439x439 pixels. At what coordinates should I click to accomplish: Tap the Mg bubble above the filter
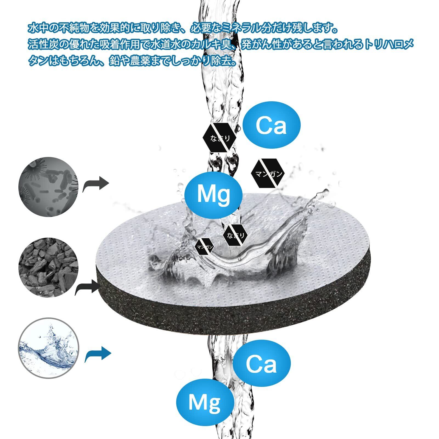point(214,194)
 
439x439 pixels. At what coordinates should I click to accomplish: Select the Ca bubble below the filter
point(261,363)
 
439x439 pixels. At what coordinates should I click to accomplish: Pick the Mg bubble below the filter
point(205,402)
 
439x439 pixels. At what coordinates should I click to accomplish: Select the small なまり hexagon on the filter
point(236,235)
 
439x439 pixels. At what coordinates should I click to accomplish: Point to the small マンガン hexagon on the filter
point(205,247)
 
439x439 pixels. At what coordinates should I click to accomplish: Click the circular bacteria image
point(48,187)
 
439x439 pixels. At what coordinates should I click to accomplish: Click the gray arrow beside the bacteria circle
point(96,184)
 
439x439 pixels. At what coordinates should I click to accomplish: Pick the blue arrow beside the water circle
point(98,354)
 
